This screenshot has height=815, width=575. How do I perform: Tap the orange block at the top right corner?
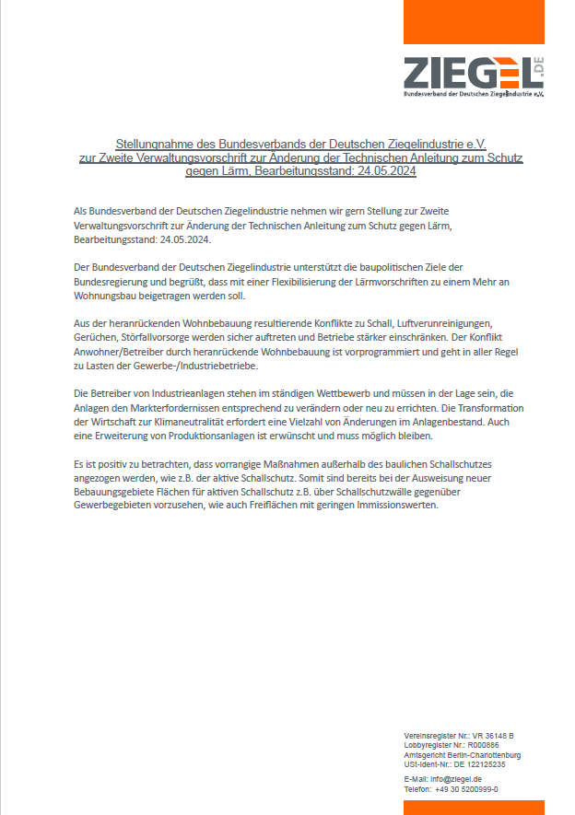[x=474, y=21]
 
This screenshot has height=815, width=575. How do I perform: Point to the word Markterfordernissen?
[x=194, y=409]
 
